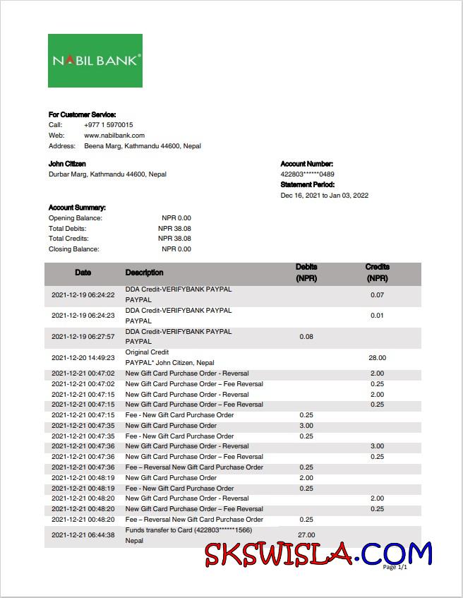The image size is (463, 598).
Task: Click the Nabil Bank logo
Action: tap(95, 61)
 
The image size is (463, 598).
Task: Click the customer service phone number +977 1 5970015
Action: tap(108, 125)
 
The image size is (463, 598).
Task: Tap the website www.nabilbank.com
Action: tap(114, 136)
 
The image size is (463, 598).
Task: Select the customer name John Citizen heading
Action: tap(67, 164)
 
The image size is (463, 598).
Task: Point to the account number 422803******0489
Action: tap(307, 174)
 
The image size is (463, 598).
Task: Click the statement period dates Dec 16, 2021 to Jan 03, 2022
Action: tap(324, 196)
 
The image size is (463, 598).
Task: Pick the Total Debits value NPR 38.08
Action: tap(174, 229)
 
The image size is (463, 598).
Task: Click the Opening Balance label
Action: tap(76, 218)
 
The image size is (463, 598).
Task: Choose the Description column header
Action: tap(144, 273)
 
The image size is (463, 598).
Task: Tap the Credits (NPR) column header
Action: tap(377, 273)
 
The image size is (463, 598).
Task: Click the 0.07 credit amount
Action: tap(377, 295)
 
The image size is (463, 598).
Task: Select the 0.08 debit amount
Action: tap(306, 337)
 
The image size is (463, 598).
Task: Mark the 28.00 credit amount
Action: tap(377, 358)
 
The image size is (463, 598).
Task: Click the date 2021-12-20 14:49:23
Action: tap(83, 358)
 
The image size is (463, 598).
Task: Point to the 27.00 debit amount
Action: tap(306, 535)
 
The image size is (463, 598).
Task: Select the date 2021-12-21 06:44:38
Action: tap(83, 535)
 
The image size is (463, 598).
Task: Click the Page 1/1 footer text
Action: tap(395, 567)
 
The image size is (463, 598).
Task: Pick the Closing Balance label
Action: tap(74, 249)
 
